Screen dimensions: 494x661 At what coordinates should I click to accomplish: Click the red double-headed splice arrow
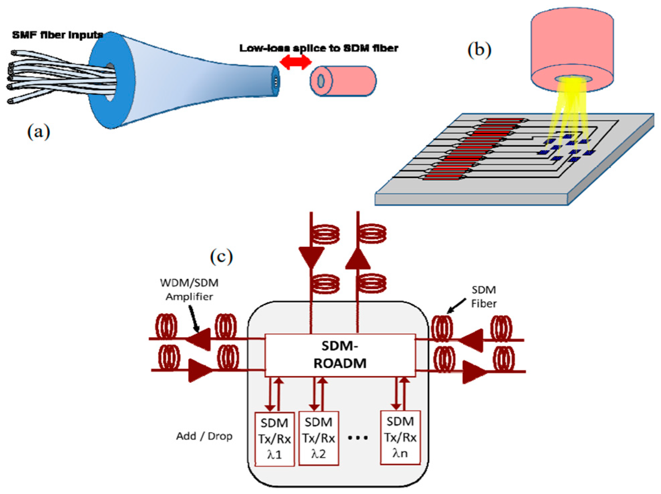(x=296, y=62)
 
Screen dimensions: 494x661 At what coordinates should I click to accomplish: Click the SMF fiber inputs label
(x=58, y=35)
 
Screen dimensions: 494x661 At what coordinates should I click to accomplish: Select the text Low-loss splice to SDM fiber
(x=319, y=48)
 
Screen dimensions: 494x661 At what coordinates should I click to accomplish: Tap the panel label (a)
(x=38, y=131)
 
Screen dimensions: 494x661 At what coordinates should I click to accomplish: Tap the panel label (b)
(x=479, y=50)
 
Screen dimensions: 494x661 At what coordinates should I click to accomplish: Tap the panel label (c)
(x=221, y=257)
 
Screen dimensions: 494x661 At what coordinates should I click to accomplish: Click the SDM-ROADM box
(x=340, y=355)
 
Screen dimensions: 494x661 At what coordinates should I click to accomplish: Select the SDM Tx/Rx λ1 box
(x=274, y=438)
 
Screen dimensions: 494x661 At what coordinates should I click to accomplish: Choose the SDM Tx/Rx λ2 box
(x=318, y=438)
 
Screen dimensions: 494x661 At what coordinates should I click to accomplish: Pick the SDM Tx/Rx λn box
(x=400, y=437)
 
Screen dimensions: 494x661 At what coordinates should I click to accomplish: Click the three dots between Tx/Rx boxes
(x=358, y=437)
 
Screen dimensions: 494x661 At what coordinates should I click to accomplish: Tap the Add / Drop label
(x=204, y=436)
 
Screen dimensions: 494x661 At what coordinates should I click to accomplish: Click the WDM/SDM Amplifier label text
(x=189, y=290)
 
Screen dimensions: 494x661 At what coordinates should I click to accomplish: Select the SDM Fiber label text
(x=483, y=296)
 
